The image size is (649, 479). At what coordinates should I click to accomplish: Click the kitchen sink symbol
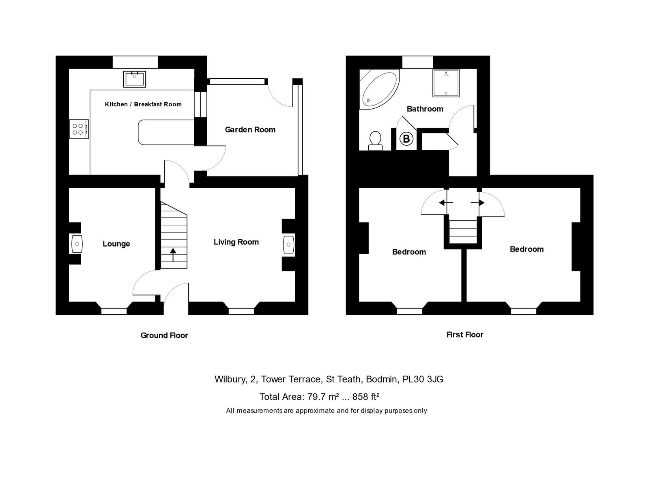click(x=135, y=79)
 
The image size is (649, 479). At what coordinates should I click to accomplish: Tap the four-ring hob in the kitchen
click(x=78, y=129)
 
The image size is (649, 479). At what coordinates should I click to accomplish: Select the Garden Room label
click(x=250, y=130)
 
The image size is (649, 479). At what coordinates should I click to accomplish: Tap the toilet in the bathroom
click(x=375, y=140)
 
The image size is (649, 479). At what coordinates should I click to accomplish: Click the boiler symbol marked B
click(x=406, y=139)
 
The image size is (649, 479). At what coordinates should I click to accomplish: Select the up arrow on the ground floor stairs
click(x=173, y=255)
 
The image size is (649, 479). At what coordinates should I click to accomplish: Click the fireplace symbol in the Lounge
click(x=77, y=244)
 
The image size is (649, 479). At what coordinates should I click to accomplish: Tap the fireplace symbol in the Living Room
click(x=288, y=245)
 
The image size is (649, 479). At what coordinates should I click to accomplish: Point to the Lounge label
click(x=116, y=244)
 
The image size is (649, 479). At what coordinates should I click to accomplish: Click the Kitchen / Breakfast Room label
click(x=143, y=104)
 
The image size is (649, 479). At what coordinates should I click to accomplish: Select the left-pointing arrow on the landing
click(x=446, y=202)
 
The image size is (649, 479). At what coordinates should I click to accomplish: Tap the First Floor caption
click(x=464, y=335)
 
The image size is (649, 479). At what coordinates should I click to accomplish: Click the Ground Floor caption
click(x=164, y=335)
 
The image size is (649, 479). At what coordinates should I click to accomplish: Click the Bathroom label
click(x=425, y=109)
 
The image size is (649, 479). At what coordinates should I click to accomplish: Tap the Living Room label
click(x=236, y=242)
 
